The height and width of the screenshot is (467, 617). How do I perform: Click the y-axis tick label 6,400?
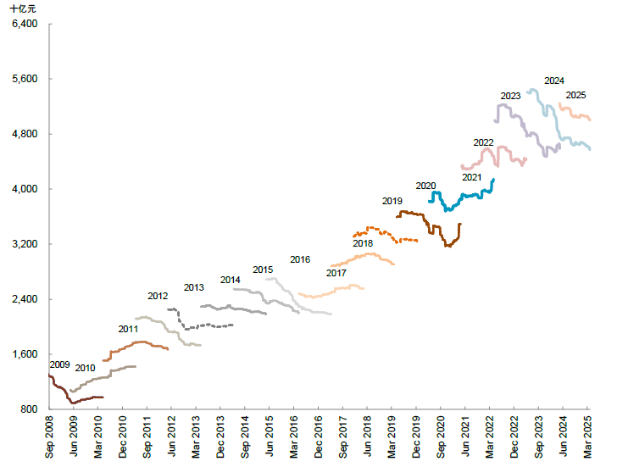tap(25, 24)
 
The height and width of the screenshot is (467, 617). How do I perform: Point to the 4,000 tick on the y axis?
tap(25, 189)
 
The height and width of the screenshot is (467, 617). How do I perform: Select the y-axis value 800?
tap(30, 409)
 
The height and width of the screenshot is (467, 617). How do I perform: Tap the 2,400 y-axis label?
tap(25, 299)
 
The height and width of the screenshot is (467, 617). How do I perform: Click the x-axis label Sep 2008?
tap(50, 436)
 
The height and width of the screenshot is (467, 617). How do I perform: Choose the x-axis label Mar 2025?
tap(589, 436)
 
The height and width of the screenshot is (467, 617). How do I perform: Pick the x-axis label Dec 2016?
tap(320, 436)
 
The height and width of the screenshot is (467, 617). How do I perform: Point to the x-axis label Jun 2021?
tap(466, 436)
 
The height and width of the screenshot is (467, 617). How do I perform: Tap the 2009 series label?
tap(59, 364)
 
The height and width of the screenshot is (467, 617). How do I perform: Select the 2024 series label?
tap(554, 81)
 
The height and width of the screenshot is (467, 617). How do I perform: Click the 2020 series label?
tap(425, 186)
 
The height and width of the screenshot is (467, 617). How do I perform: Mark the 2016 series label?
tap(300, 259)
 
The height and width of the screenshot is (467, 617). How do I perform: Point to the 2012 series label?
tap(158, 297)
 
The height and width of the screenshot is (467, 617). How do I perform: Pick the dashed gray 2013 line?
tap(203, 326)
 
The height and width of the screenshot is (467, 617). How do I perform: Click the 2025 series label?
tap(575, 95)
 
